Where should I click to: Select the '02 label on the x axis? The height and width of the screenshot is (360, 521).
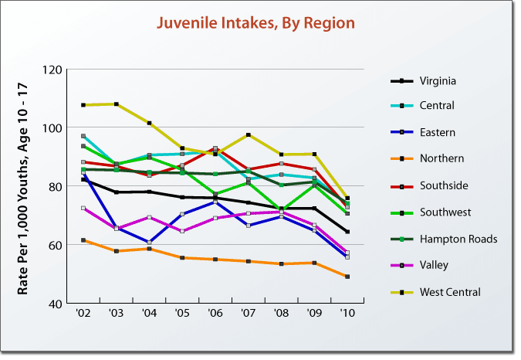pos(83,315)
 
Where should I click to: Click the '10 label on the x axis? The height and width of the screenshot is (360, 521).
pos(347,315)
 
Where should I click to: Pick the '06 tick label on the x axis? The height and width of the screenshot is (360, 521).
pos(215,315)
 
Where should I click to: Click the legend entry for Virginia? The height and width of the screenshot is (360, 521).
pos(437,80)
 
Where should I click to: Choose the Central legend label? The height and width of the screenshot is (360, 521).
pos(437,105)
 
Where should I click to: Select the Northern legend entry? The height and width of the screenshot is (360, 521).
pos(441,158)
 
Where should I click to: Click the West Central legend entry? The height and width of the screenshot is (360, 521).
pos(450,292)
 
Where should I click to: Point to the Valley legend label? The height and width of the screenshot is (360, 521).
pos(435,265)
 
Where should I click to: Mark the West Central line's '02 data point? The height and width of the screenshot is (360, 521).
pos(83,105)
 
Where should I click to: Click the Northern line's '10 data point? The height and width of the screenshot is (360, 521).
pos(347,277)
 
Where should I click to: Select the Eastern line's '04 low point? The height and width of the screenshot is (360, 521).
pos(149,242)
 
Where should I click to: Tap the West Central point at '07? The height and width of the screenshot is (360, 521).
pos(249,135)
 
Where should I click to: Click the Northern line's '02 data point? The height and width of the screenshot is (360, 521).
pos(83,240)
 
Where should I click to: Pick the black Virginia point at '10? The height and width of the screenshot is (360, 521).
pos(347,232)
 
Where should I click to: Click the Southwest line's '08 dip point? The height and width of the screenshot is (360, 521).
pos(282,210)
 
